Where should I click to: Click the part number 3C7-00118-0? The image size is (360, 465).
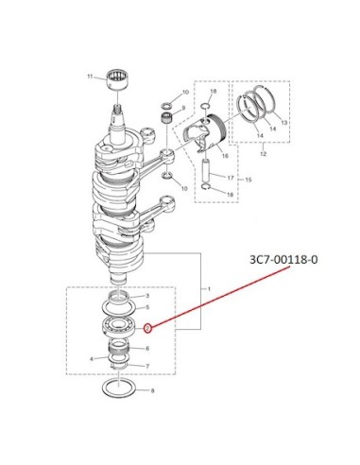coord(283,260)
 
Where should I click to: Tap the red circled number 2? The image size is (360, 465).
coord(147,329)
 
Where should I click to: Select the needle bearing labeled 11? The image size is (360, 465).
coord(118,80)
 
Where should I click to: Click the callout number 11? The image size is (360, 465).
coord(90,77)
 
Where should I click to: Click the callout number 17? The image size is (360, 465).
coord(231,178)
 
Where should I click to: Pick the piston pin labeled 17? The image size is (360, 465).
coord(206,172)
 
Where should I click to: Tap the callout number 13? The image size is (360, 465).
coord(284,123)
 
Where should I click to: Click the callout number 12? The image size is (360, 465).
coord(264,154)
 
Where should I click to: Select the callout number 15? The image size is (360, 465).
coord(249,180)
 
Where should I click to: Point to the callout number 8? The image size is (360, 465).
coord(153,391)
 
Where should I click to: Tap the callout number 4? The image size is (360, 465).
coord(92,359)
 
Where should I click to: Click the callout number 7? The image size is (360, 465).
coord(147,367)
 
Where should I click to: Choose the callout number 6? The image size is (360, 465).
coord(147,349)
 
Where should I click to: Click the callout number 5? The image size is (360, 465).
coord(147,307)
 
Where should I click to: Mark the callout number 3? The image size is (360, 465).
coord(147,296)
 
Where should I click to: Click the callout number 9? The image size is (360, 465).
coord(183,108)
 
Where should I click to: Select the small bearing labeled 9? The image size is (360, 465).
coord(166,118)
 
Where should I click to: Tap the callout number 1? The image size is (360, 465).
coord(209,289)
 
